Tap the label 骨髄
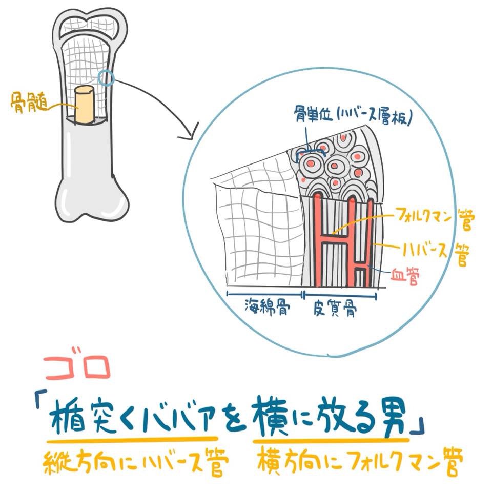point(29,102)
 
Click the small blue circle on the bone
point(106,77)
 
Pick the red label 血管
point(405,276)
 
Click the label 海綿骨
point(267,307)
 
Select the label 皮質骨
point(335,307)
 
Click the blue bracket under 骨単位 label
point(311,152)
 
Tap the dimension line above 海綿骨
point(265,294)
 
